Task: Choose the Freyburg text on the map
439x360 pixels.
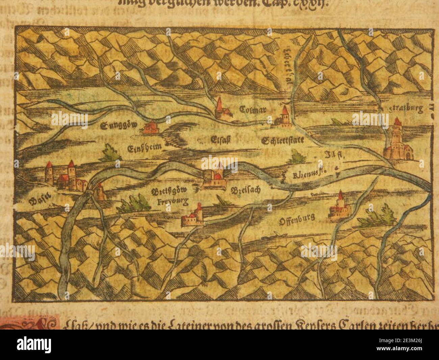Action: click(x=172, y=202)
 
